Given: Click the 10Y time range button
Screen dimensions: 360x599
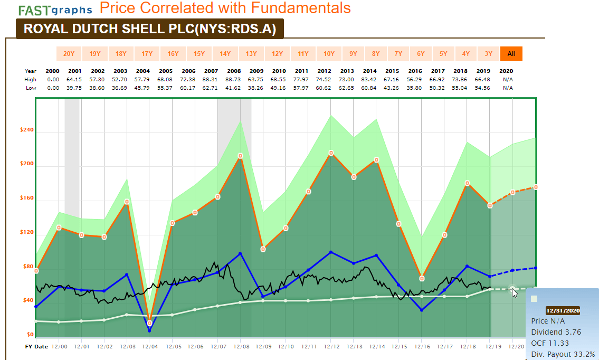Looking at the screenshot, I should pyautogui.click(x=329, y=53).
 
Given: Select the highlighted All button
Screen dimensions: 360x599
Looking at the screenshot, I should pyautogui.click(x=511, y=53).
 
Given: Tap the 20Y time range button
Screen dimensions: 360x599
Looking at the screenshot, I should pyautogui.click(x=69, y=53).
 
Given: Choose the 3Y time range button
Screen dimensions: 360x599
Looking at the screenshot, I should pyautogui.click(x=488, y=53).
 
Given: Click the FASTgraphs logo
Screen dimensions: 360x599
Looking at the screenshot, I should pyautogui.click(x=55, y=10).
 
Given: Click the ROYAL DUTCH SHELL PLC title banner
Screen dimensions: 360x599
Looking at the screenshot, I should pyautogui.click(x=150, y=29).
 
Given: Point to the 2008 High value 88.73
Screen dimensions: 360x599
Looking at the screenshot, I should pyautogui.click(x=233, y=79).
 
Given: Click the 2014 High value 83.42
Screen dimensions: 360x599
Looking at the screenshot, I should pyautogui.click(x=369, y=79).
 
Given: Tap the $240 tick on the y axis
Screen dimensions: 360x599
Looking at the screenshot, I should pyautogui.click(x=26, y=130).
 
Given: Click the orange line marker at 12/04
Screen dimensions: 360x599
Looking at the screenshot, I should pyautogui.click(x=150, y=323).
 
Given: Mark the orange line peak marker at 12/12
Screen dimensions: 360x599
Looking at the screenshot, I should pyautogui.click(x=331, y=153).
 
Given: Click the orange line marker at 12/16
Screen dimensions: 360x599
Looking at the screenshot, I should pyautogui.click(x=422, y=278).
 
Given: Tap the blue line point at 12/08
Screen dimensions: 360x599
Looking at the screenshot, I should pyautogui.click(x=241, y=253).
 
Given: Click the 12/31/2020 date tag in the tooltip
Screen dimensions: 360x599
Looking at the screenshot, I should pyautogui.click(x=563, y=311).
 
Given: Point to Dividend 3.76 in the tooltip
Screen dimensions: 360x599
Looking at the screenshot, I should pyautogui.click(x=556, y=332).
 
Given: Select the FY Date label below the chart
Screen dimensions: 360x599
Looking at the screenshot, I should pyautogui.click(x=36, y=347).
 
